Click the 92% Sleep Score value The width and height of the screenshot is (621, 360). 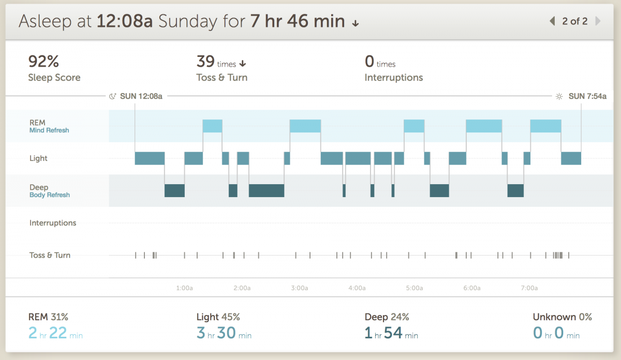pyautogui.click(x=43, y=62)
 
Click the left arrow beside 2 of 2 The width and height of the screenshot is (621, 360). pyautogui.click(x=552, y=21)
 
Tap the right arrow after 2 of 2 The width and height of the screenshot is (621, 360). pyautogui.click(x=598, y=21)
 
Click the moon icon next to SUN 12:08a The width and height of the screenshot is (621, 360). pyautogui.click(x=113, y=96)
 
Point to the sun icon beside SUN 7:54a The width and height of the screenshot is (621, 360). pyautogui.click(x=559, y=96)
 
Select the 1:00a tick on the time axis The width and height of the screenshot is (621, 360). pyautogui.click(x=185, y=288)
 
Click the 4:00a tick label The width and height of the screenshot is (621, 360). pyautogui.click(x=357, y=288)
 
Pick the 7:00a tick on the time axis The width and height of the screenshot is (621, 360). pyautogui.click(x=529, y=288)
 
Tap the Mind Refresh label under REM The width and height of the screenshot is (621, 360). pyautogui.click(x=49, y=130)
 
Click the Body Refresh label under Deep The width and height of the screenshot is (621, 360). pyautogui.click(x=50, y=195)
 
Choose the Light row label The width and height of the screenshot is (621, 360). pyautogui.click(x=38, y=158)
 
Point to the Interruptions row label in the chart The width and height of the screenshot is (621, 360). pyautogui.click(x=53, y=223)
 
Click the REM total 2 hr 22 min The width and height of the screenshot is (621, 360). pyautogui.click(x=55, y=334)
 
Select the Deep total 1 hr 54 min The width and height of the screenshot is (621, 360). pyautogui.click(x=391, y=334)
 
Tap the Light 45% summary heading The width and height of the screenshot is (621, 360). pyautogui.click(x=218, y=317)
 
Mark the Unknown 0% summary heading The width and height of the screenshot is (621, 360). pyautogui.click(x=562, y=317)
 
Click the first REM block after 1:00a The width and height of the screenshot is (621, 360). pyautogui.click(x=212, y=126)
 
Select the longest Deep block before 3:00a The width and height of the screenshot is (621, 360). pyautogui.click(x=267, y=190)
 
